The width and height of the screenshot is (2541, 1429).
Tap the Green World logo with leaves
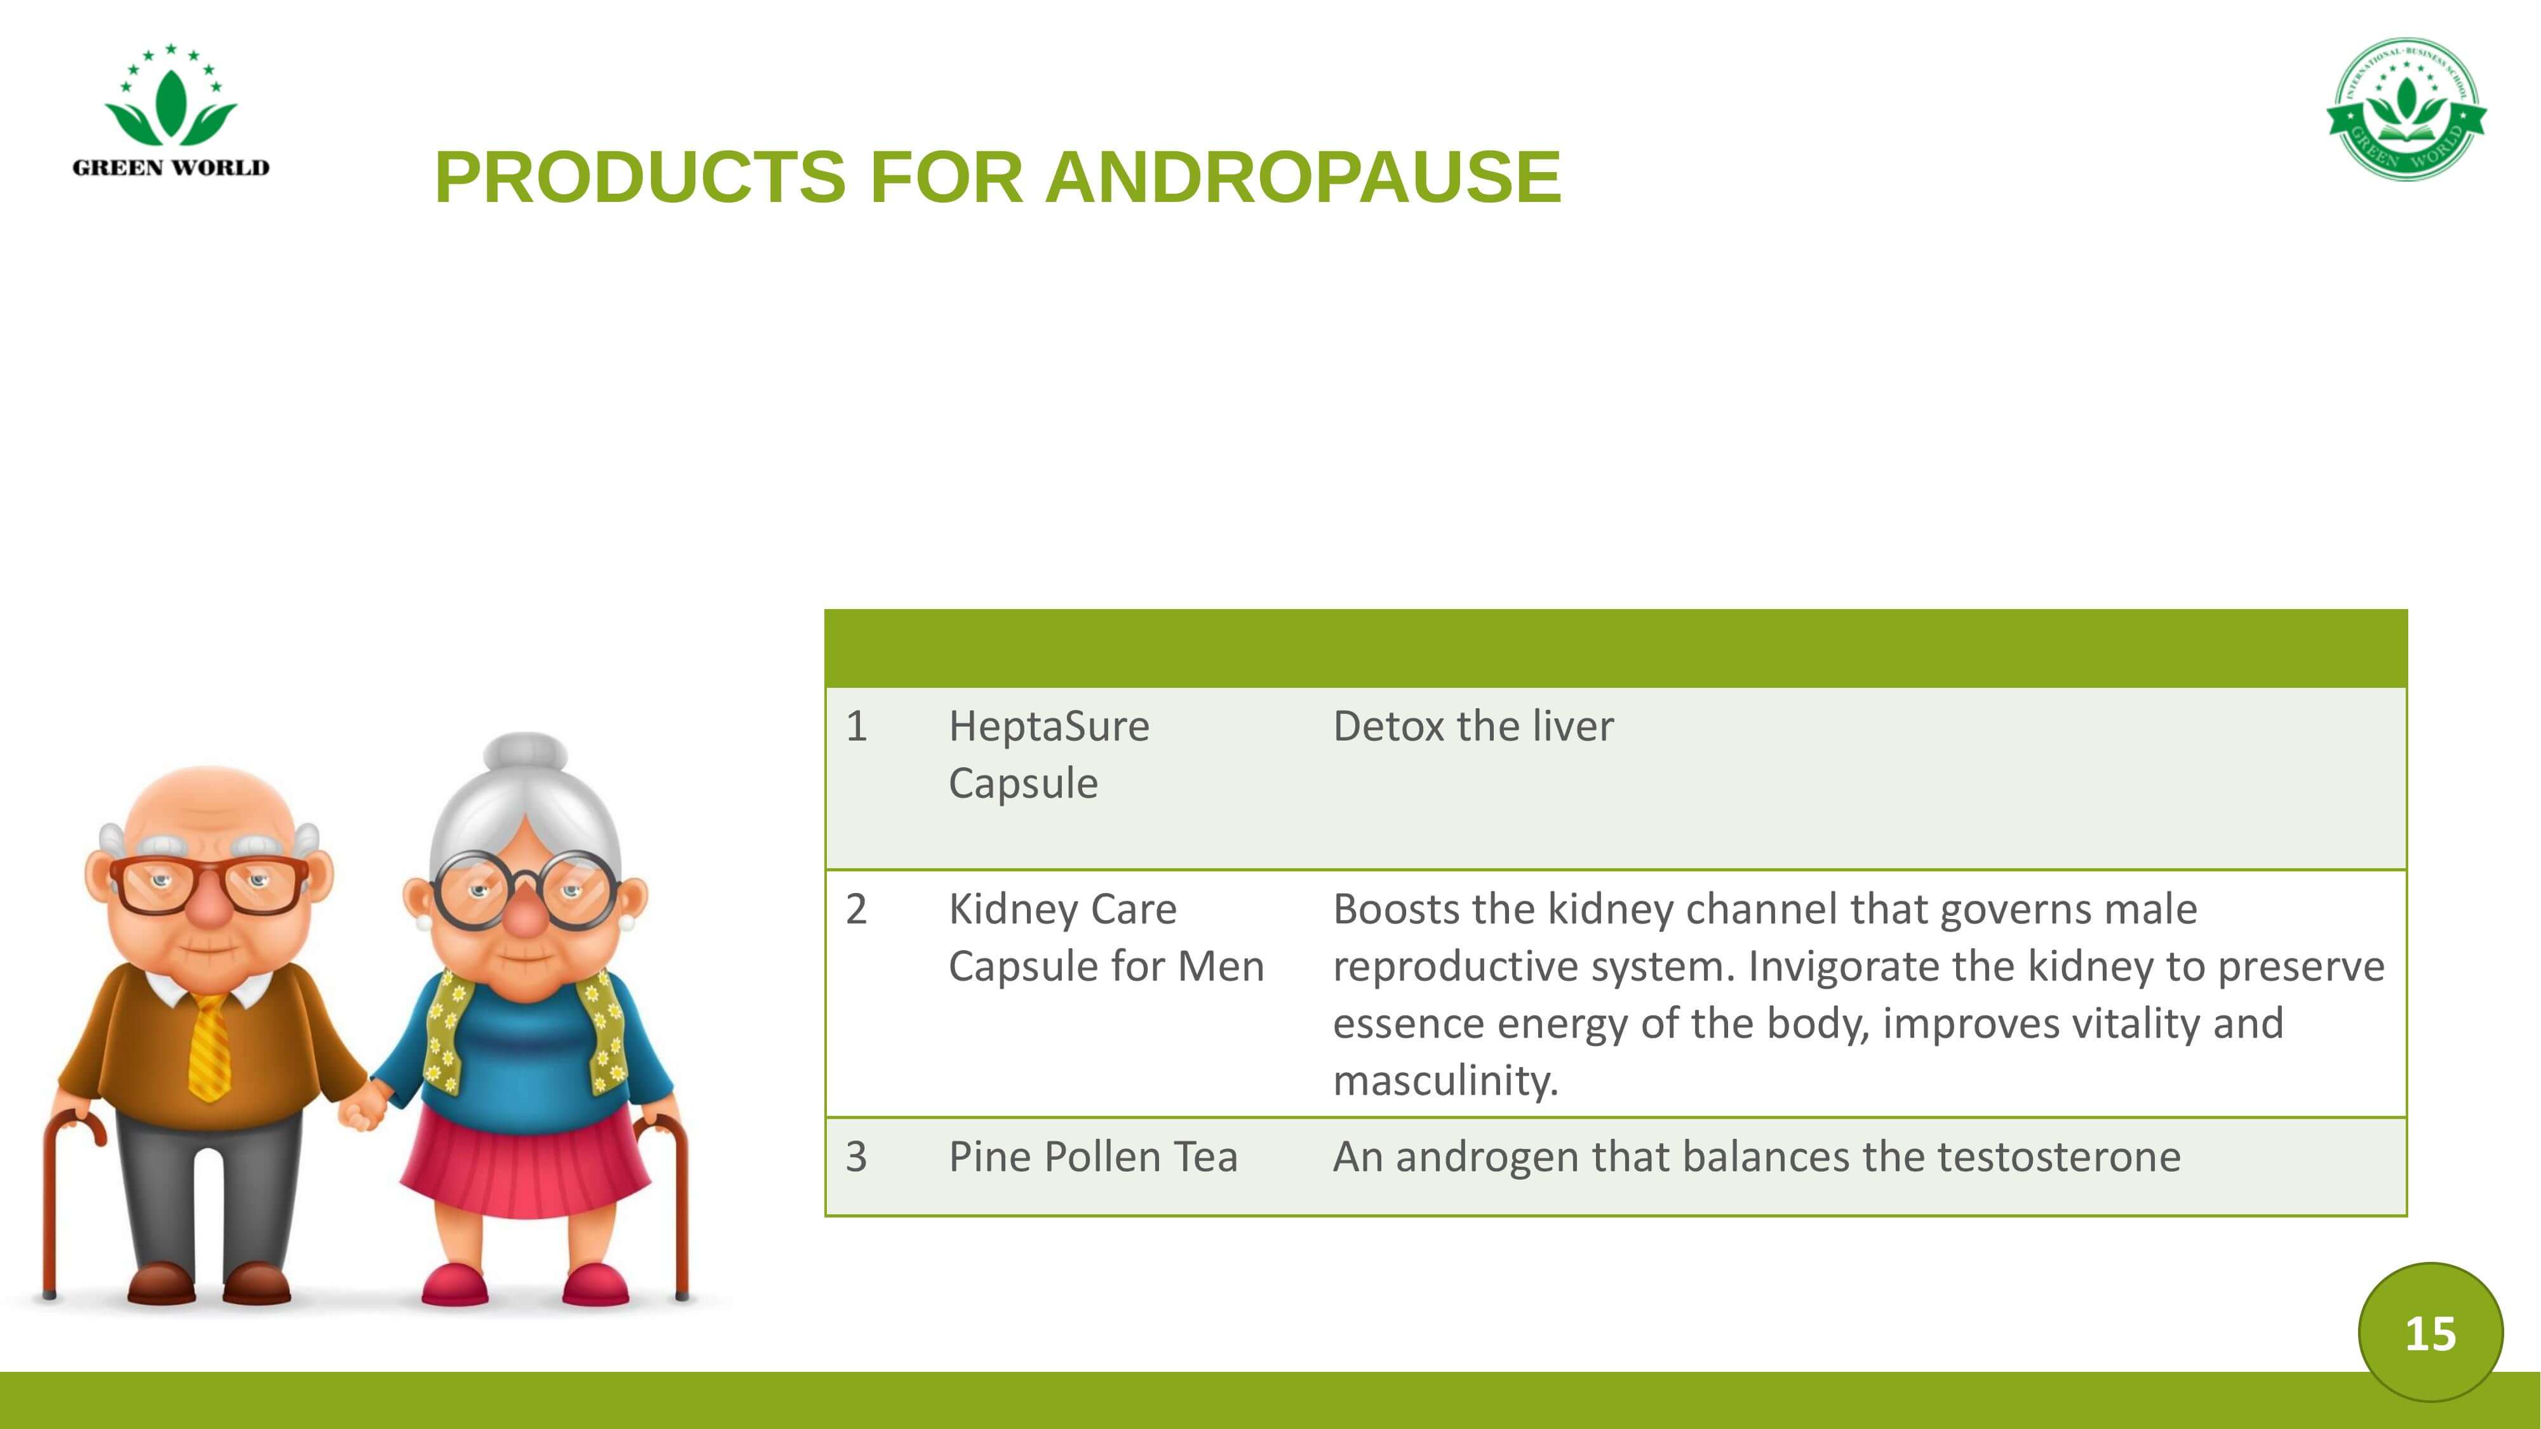[x=171, y=111]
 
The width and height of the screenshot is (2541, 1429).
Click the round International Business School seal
[x=2406, y=109]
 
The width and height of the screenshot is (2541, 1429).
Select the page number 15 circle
[x=2430, y=1332]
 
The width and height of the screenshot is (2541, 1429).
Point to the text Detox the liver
[x=1473, y=727]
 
